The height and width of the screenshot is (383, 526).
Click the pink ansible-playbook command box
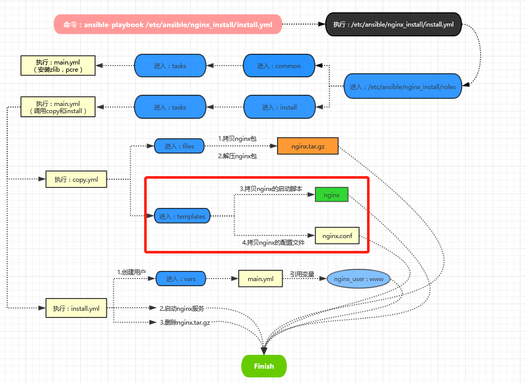(x=168, y=25)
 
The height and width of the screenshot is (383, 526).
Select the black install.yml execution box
(x=393, y=25)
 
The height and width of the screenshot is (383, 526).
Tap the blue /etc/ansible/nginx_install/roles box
(x=403, y=87)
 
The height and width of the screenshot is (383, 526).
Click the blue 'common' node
(x=279, y=66)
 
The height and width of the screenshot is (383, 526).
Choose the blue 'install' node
(x=279, y=107)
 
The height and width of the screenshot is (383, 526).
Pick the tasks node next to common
(x=170, y=66)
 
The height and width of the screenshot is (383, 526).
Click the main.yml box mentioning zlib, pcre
(x=58, y=66)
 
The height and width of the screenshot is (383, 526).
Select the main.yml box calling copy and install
(x=58, y=107)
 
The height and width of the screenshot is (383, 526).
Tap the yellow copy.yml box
(x=76, y=179)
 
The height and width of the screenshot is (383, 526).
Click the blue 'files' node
(x=179, y=146)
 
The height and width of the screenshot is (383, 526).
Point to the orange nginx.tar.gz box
(x=308, y=146)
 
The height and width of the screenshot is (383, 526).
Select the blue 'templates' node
(x=182, y=216)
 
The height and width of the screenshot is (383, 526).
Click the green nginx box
(x=332, y=195)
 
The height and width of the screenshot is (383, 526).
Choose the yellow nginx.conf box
(x=337, y=236)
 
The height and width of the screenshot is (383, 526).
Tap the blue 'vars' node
(x=180, y=279)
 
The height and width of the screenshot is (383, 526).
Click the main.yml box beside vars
(x=260, y=279)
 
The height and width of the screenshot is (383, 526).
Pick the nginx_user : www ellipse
(x=358, y=279)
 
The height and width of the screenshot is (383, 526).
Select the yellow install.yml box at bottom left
(x=76, y=308)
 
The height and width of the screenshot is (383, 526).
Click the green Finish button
(x=264, y=366)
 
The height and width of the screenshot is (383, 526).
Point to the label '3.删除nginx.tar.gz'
(x=185, y=323)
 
